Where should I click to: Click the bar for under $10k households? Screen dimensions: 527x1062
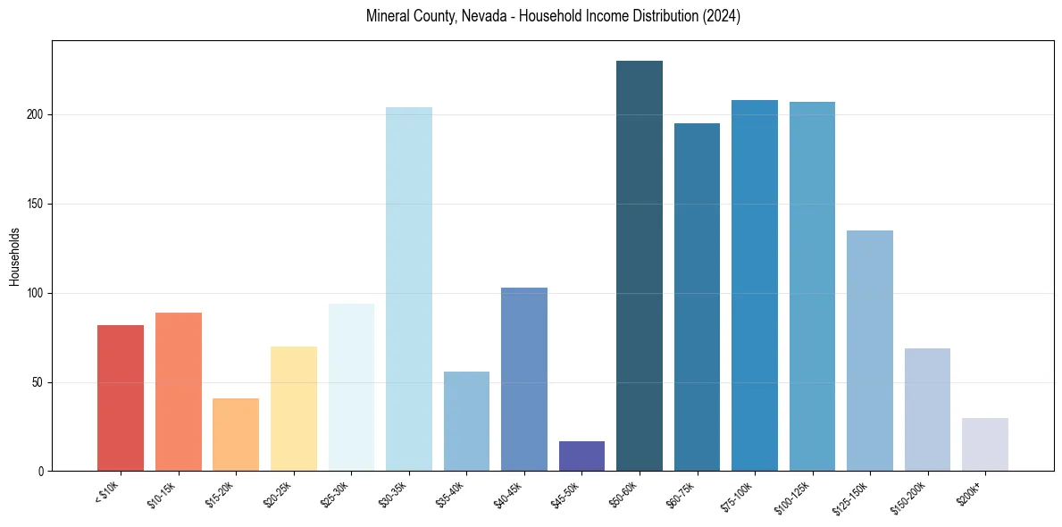pos(121,397)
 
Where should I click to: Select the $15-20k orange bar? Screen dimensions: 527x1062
pos(236,434)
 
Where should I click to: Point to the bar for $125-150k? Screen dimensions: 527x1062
pos(870,350)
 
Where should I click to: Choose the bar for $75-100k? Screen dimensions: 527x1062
pos(755,285)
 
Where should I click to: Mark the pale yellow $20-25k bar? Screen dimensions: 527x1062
pos(294,408)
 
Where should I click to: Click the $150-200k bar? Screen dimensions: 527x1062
pos(927,409)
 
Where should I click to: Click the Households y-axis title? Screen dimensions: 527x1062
pos(15,256)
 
